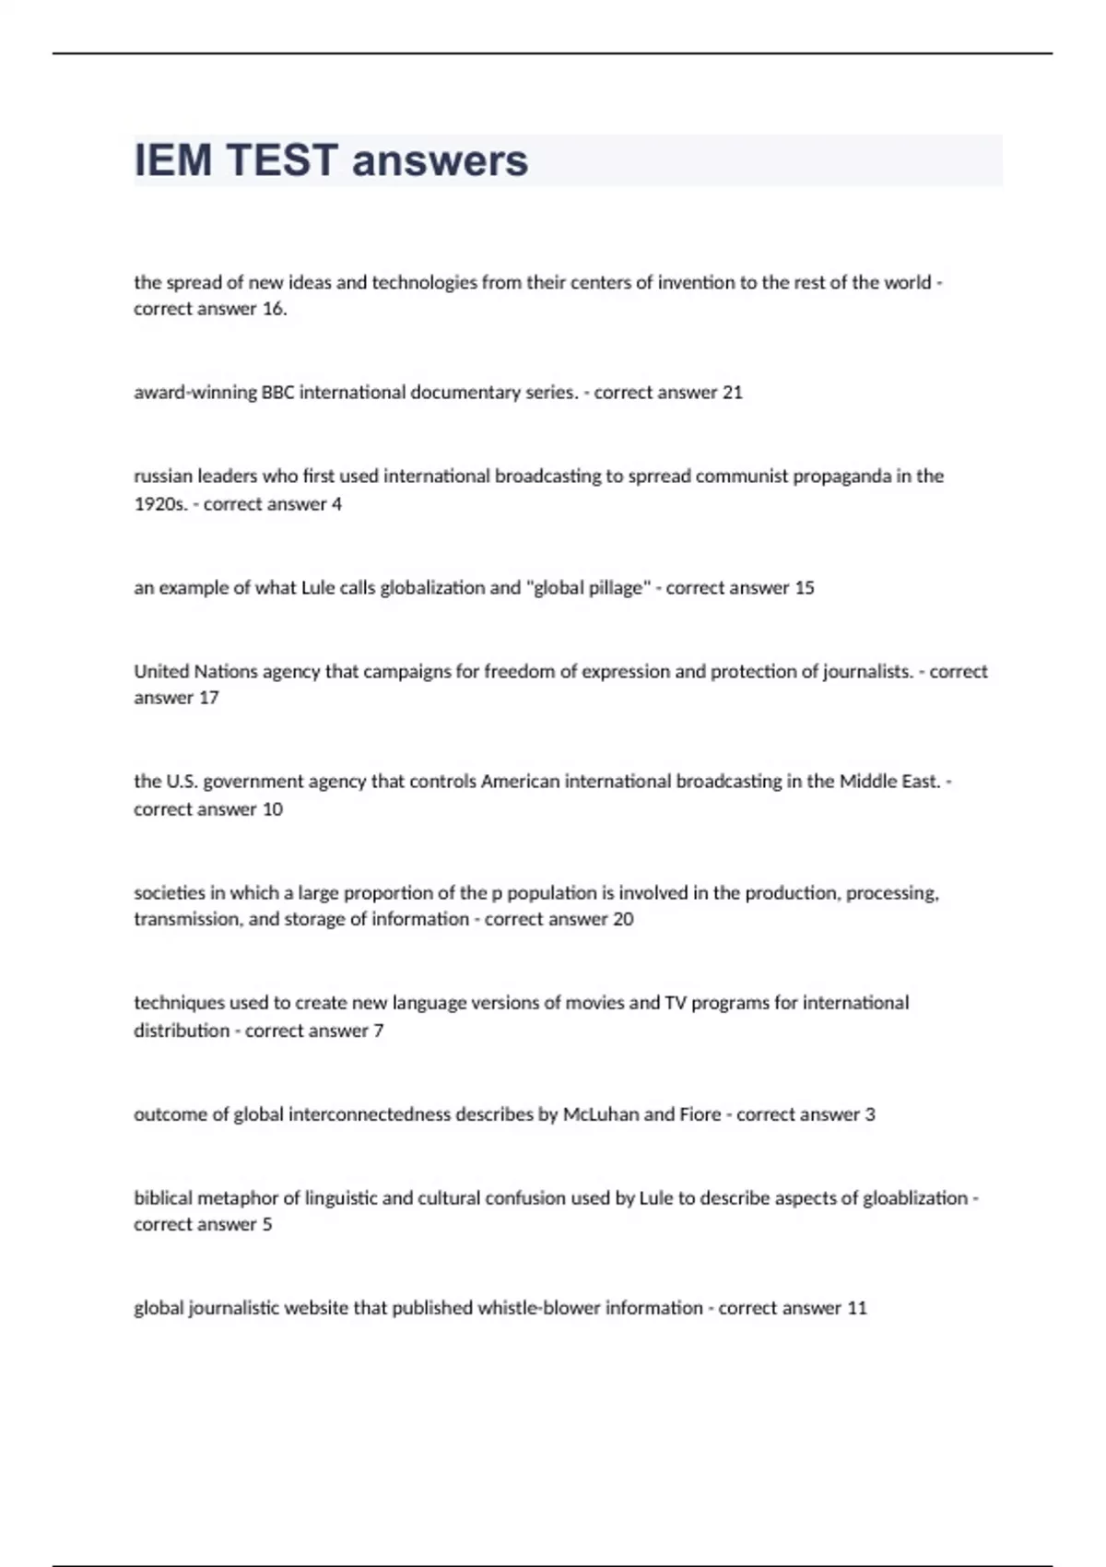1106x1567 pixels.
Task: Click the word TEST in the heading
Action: [x=281, y=160]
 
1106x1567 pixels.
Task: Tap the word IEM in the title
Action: [x=173, y=160]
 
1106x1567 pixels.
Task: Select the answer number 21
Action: [x=732, y=393]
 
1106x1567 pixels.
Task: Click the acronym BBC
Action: [x=277, y=393]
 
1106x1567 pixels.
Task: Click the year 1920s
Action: [x=159, y=504]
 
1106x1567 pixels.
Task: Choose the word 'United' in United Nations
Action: [x=161, y=672]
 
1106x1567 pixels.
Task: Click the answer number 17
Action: [x=208, y=698]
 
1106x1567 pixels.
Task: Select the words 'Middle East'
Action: [x=889, y=782]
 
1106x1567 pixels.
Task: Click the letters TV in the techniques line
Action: [x=675, y=1003]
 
